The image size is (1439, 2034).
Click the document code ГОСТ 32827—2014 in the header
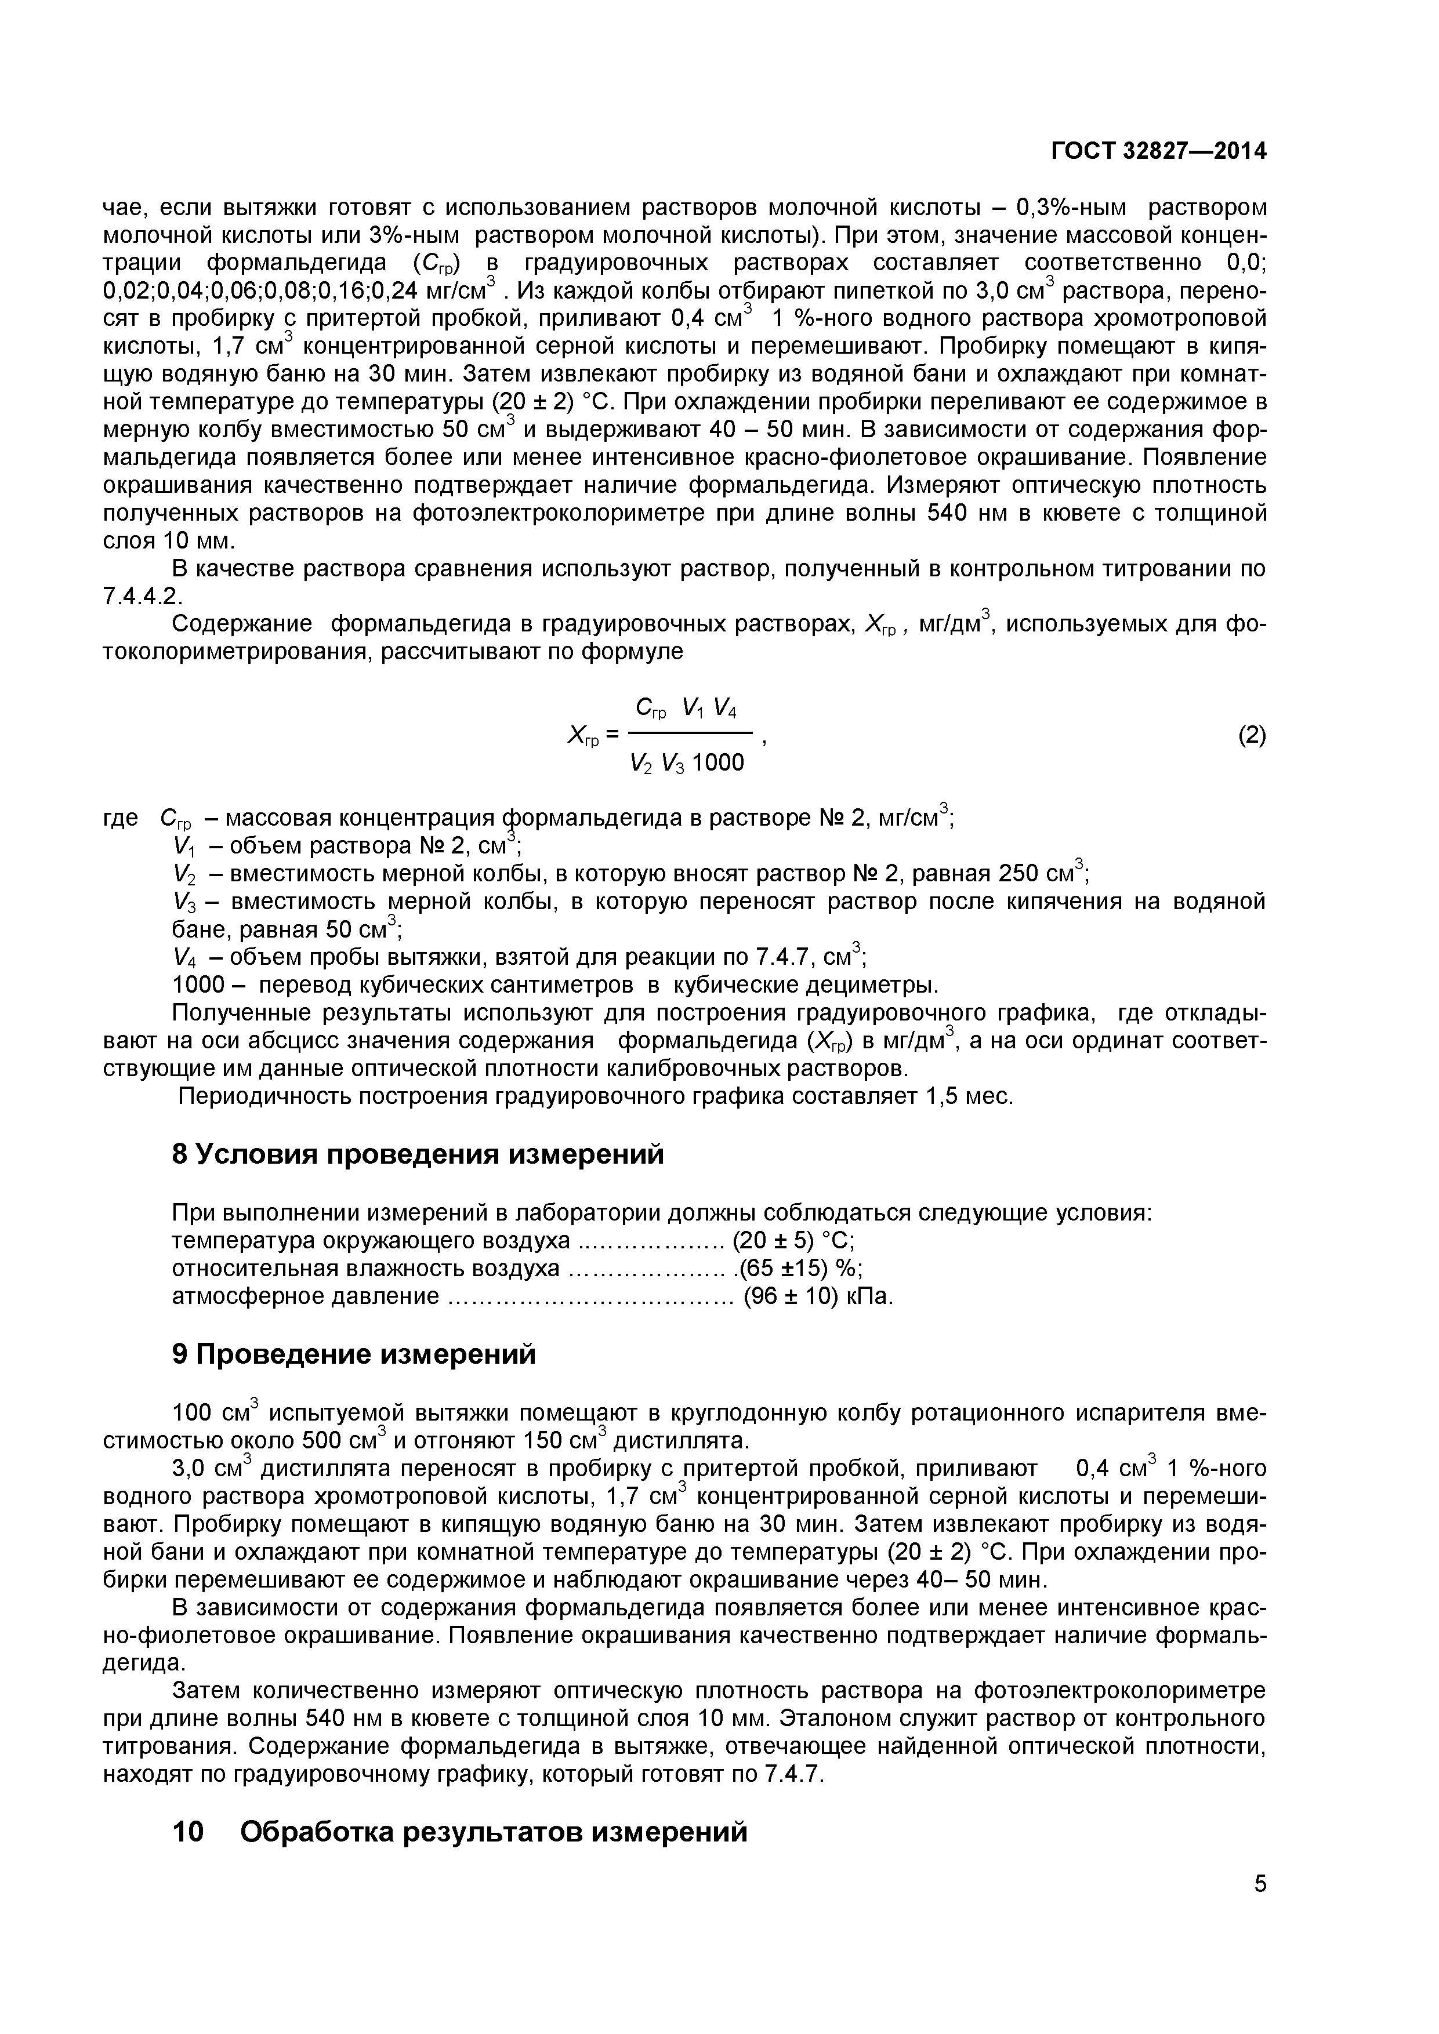click(x=1158, y=151)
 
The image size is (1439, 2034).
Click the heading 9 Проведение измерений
click(x=354, y=1354)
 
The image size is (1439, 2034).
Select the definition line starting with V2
click(x=629, y=874)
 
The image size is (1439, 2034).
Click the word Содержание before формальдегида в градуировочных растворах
click(x=241, y=624)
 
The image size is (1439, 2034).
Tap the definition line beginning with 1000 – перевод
click(x=554, y=985)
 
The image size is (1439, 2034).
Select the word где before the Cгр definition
click(x=121, y=818)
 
